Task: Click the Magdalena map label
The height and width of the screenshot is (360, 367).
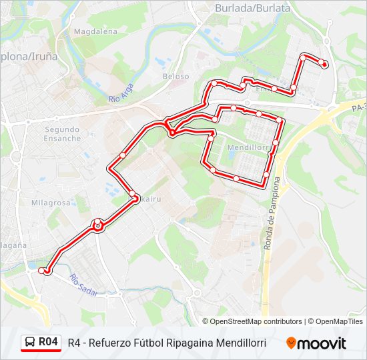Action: pyautogui.click(x=95, y=31)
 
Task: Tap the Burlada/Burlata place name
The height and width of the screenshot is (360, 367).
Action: pyautogui.click(x=252, y=8)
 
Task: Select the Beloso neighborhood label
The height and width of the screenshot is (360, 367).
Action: pyautogui.click(x=176, y=76)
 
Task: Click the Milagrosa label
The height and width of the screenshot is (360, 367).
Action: pyautogui.click(x=50, y=203)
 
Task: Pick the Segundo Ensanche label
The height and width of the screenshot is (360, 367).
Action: pyautogui.click(x=62, y=134)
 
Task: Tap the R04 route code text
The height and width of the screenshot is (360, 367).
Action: pyautogui.click(x=48, y=342)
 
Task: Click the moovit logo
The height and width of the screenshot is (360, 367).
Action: pyautogui.click(x=316, y=343)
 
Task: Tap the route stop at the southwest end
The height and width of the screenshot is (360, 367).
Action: pyautogui.click(x=43, y=271)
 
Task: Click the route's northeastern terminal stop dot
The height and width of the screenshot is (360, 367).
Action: pyautogui.click(x=324, y=64)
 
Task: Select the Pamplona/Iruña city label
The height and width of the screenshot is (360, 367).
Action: pyautogui.click(x=29, y=57)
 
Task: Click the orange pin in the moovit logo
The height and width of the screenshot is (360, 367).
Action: pyautogui.click(x=292, y=343)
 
